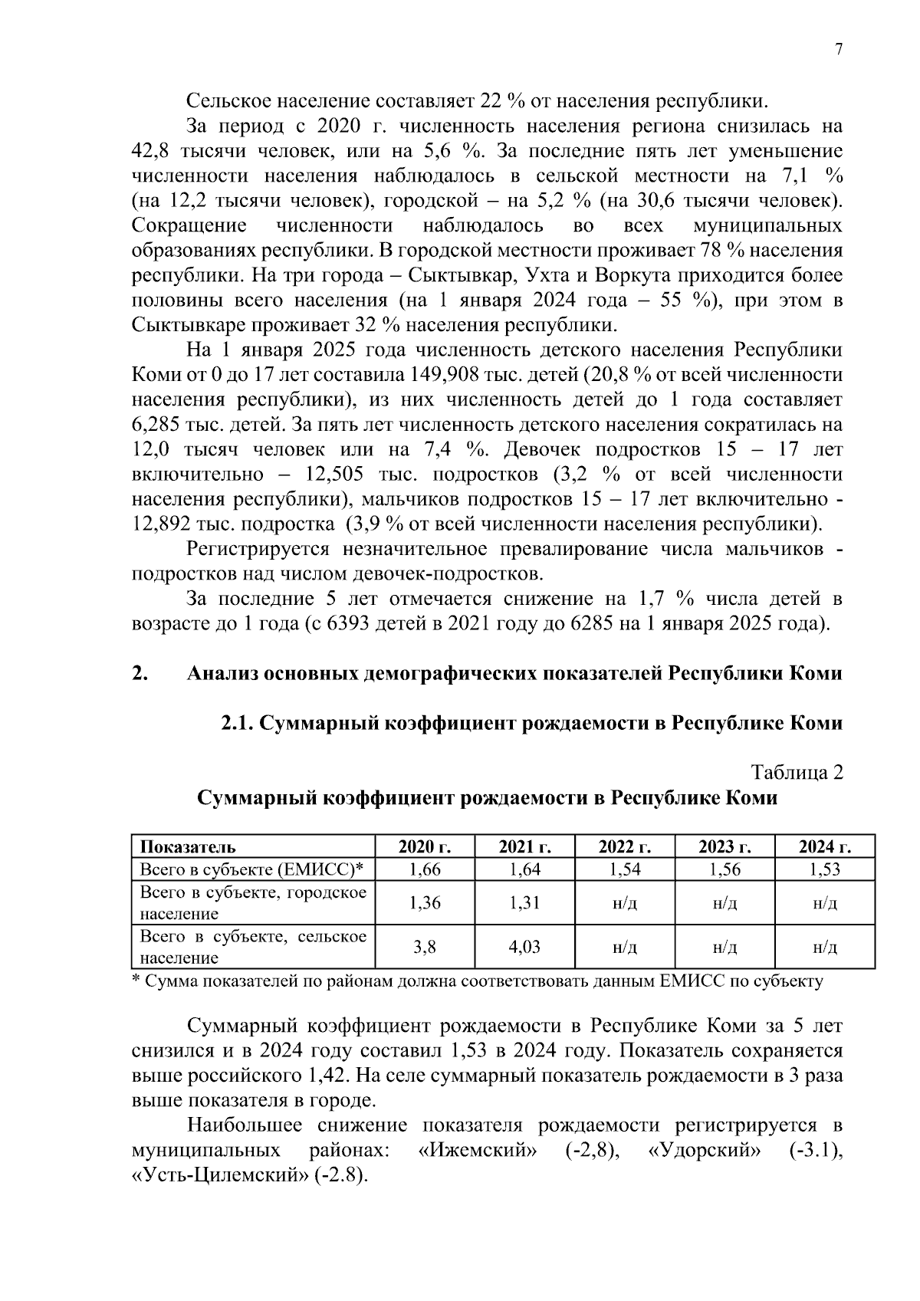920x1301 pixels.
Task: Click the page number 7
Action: pyautogui.click(x=838, y=50)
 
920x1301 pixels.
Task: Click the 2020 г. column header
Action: pyautogui.click(x=425, y=847)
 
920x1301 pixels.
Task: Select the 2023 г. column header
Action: pyautogui.click(x=724, y=847)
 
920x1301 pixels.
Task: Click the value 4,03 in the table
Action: pyautogui.click(x=524, y=947)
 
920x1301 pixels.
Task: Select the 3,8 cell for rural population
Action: pyautogui.click(x=425, y=947)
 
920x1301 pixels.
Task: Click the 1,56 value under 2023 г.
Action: pyautogui.click(x=724, y=869)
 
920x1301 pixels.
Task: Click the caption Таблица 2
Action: pyautogui.click(x=797, y=773)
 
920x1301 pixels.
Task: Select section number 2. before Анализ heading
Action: pyautogui.click(x=140, y=674)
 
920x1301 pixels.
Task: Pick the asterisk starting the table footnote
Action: pyautogui.click(x=136, y=981)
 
